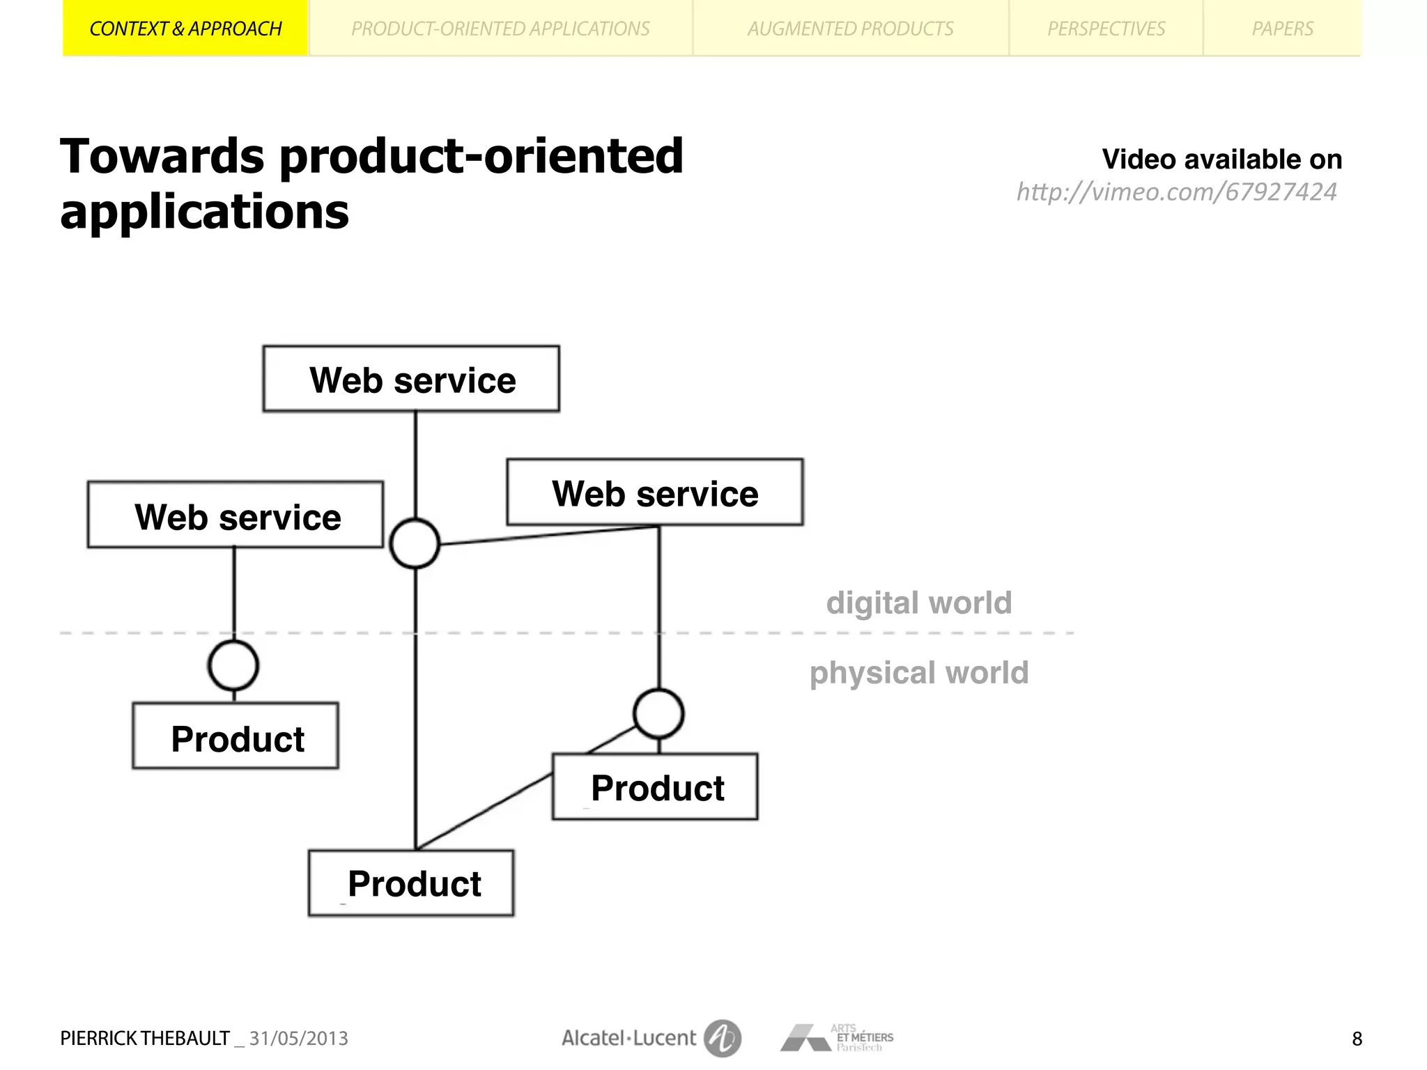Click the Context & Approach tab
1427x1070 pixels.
pos(185,29)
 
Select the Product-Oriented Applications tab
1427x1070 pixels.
pos(500,29)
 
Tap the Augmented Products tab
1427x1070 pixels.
pos(850,29)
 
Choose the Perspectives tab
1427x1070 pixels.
pos(1106,29)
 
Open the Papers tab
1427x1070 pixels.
pos(1282,29)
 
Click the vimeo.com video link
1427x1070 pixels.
pos(1176,192)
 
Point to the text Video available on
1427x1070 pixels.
pos(1221,160)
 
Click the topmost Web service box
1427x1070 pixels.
pos(411,380)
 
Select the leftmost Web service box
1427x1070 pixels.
pos(236,515)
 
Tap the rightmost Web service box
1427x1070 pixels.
pos(655,493)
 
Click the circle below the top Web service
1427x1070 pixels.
pos(415,543)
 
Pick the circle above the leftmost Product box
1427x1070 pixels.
pos(233,665)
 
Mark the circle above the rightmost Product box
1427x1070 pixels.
pos(658,714)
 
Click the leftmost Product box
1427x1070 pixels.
pos(236,737)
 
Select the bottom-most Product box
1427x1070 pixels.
pos(411,883)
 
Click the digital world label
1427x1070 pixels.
pos(918,603)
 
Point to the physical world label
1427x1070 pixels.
pos(918,673)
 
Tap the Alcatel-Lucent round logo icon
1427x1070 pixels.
pos(722,1038)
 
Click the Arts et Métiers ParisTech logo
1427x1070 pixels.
pos(836,1038)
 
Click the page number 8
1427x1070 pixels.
pos(1357,1039)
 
